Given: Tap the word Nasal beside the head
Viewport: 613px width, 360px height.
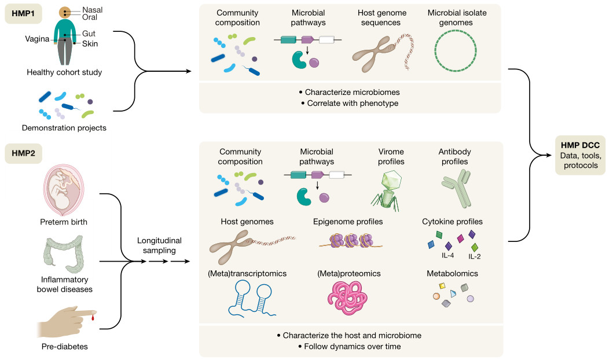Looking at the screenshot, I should pyautogui.click(x=93, y=9).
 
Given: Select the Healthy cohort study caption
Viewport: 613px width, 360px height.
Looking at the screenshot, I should pyautogui.click(x=64, y=72).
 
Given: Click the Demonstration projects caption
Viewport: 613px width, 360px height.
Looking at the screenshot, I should pyautogui.click(x=64, y=127).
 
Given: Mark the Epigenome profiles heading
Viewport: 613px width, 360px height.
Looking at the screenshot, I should pyautogui.click(x=348, y=222).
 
